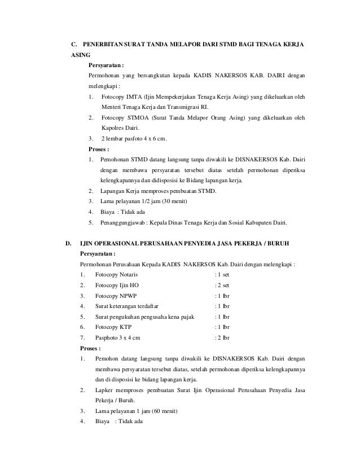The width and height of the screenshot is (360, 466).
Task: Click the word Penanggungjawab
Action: (x=125, y=222)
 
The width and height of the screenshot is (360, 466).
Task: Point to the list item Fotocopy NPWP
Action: (x=116, y=296)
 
